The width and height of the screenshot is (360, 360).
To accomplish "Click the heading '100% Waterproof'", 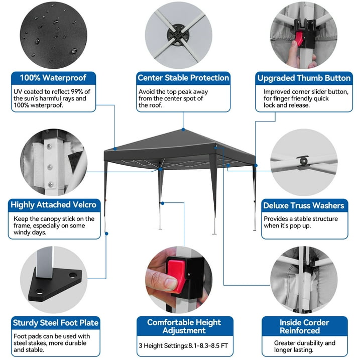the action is coord(53,78).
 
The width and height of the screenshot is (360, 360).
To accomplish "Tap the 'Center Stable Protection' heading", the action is coord(183,78).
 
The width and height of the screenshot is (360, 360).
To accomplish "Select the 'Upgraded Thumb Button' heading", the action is coord(304,78).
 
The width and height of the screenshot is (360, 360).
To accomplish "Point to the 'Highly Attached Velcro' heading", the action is coord(54,205).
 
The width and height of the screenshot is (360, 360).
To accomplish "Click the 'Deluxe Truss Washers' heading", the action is coord(304,205).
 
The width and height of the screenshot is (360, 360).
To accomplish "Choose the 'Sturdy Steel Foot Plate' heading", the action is coord(56,323).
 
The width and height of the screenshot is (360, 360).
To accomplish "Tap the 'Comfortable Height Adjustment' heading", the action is coord(184,326).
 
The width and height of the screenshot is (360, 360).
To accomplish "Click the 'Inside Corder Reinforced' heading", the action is coord(304,326).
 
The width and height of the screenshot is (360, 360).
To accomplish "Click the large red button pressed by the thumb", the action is coord(176,275).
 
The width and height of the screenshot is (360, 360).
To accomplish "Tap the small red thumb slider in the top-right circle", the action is coord(299,39).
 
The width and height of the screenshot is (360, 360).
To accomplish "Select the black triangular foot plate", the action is coord(55,284).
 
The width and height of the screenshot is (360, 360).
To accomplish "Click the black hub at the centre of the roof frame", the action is coord(178,35).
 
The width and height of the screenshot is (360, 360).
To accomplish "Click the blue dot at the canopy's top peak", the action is coord(183,130).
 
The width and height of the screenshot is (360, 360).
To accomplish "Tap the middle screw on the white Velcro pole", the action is coord(50,167).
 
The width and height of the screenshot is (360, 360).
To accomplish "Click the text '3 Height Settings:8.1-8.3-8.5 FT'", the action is coord(183,346).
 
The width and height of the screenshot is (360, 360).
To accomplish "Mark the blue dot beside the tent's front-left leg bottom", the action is coord(106,233).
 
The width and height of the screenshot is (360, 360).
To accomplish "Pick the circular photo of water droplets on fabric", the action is coord(54,35).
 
